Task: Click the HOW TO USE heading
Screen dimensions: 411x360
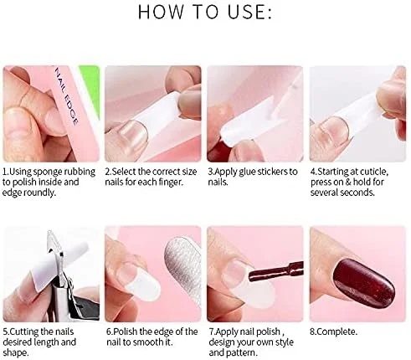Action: [205, 12]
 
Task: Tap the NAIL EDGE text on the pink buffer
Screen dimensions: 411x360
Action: [66, 95]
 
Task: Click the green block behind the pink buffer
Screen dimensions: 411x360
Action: [90, 90]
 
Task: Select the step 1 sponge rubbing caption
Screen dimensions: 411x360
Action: [49, 182]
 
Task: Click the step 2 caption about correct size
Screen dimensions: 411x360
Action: [151, 177]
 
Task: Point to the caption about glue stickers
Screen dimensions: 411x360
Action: [253, 177]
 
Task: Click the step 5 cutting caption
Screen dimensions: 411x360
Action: [39, 342]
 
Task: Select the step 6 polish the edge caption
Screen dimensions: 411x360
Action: [152, 337]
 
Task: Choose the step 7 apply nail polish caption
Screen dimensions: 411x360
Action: [251, 342]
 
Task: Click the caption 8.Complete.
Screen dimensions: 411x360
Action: [333, 332]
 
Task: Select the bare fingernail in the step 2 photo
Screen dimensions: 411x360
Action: [135, 134]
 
